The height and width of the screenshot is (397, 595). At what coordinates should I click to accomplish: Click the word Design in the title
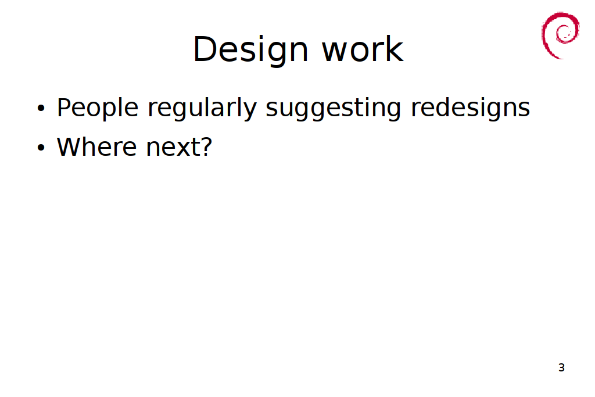click(x=250, y=50)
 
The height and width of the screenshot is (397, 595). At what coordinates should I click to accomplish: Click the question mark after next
click(x=206, y=147)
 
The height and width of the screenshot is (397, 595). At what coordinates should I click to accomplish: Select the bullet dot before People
click(x=41, y=108)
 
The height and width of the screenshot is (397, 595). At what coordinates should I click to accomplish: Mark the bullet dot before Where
click(x=41, y=147)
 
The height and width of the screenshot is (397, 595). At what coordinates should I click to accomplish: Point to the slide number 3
click(x=562, y=367)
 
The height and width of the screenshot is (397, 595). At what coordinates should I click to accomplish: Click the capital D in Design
click(x=205, y=49)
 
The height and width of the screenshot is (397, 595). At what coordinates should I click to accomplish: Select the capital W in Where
click(x=71, y=147)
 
